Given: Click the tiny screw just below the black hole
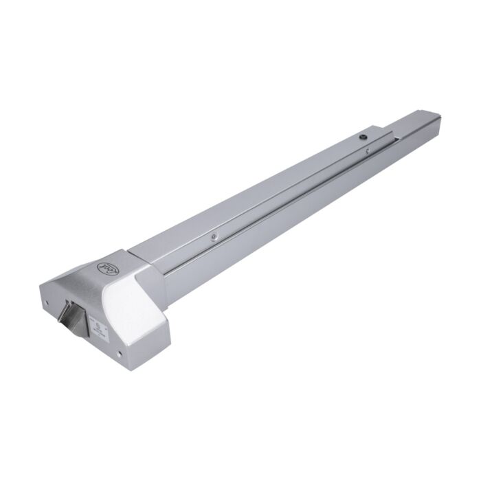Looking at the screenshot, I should click(368, 149).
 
